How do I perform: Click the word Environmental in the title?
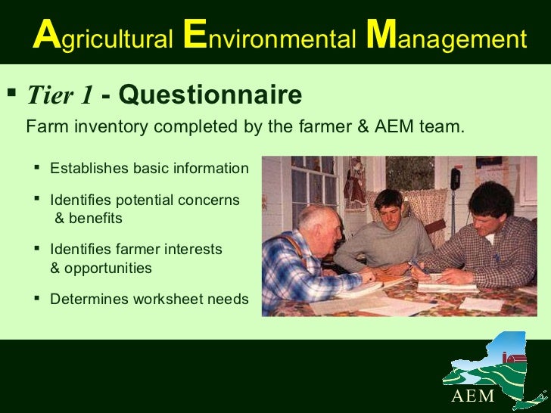pos(269,37)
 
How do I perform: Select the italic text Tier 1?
pos(60,95)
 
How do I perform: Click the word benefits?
pos(94,219)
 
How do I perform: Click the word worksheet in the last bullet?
pos(167,300)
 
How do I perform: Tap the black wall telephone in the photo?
pos(455,178)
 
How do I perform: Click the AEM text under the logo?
pos(473,396)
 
